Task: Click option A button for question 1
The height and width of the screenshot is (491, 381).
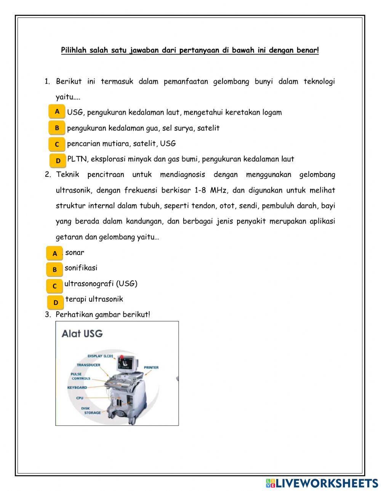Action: click(x=57, y=112)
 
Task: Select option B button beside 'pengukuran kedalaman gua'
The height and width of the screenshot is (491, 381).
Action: click(x=57, y=128)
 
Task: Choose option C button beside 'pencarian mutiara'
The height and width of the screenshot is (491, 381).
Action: click(x=57, y=144)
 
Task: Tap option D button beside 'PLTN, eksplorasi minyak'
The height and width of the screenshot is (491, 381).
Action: click(x=58, y=160)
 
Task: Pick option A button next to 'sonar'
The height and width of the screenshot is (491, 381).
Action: click(x=54, y=253)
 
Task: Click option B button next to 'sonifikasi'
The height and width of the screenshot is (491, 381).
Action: click(x=54, y=269)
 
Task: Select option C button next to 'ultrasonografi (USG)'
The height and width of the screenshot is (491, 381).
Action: click(x=54, y=286)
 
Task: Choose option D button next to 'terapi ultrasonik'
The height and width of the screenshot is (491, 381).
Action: click(x=56, y=302)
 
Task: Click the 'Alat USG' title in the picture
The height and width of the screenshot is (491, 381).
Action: click(x=82, y=334)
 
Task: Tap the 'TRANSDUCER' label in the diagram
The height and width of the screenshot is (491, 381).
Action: click(x=88, y=365)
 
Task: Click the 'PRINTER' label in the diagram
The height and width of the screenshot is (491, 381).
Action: click(x=151, y=367)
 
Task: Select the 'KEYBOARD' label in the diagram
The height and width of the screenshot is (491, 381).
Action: click(x=77, y=388)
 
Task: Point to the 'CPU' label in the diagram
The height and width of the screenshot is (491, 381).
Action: click(x=80, y=398)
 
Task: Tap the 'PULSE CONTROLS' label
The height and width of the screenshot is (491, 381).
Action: click(x=81, y=376)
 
